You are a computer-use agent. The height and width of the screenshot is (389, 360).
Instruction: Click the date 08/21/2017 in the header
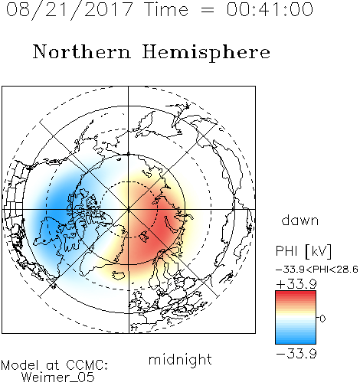[x=69, y=9]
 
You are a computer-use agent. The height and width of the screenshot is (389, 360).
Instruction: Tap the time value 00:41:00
[x=270, y=9]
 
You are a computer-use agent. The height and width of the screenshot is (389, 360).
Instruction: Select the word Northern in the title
[x=82, y=51]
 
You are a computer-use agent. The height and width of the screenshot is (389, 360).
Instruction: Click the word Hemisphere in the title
[x=206, y=53]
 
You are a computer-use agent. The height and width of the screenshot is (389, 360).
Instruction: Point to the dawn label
[x=300, y=220]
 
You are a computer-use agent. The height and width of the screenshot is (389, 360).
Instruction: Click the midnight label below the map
[x=180, y=360]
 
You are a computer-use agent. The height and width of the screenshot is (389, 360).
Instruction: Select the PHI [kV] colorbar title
[x=303, y=251]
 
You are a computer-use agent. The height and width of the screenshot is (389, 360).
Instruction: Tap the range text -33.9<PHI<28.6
[x=317, y=270]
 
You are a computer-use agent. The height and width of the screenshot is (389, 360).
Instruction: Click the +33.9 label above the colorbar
[x=296, y=283]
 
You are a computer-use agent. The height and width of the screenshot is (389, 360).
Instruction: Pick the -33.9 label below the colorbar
[x=296, y=354]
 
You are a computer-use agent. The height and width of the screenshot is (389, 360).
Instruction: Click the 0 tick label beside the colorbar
[x=322, y=319]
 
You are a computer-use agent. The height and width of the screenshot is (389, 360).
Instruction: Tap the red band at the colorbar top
[x=296, y=295]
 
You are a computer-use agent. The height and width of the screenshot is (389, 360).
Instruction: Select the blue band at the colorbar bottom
[x=296, y=339]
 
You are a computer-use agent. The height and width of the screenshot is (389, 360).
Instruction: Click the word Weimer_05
[x=58, y=378]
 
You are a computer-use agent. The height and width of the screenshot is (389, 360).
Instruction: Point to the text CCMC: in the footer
[x=87, y=365]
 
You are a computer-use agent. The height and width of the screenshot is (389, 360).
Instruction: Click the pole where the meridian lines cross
[x=129, y=209]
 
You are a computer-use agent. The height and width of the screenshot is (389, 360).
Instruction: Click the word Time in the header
[x=166, y=9]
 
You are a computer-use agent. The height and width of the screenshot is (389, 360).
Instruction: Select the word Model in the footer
[x=20, y=365]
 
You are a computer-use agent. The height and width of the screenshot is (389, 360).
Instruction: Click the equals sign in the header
[x=207, y=10]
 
